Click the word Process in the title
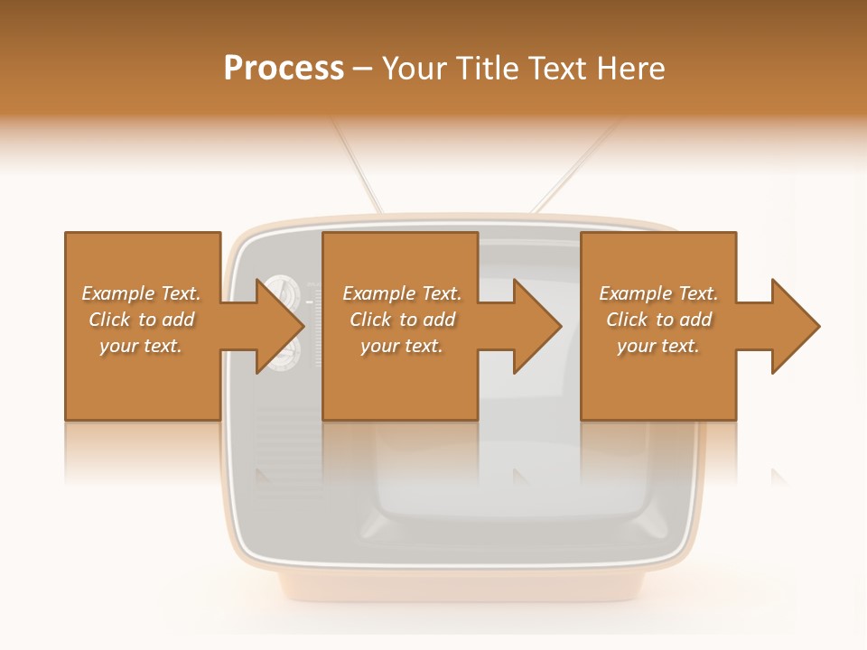coord(284,69)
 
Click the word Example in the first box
coord(118,293)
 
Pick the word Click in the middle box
coord(370,320)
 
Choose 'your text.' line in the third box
coord(657,346)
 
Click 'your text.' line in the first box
coord(141,346)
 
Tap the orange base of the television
coord(461,587)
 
